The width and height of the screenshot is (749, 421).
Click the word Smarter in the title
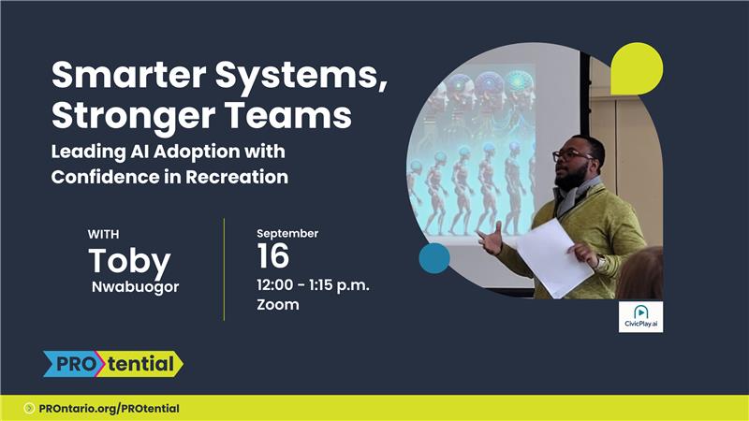tap(129, 75)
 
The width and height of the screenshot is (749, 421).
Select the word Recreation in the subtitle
tap(237, 177)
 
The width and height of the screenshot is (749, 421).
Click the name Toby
tap(129, 262)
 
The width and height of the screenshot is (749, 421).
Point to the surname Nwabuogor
tap(135, 286)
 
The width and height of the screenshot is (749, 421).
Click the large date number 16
tap(273, 255)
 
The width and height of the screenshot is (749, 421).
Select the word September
tap(287, 233)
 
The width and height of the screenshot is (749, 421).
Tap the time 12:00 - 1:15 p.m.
tap(313, 285)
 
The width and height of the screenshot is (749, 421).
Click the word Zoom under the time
tap(278, 305)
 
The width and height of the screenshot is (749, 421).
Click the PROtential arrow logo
tap(113, 364)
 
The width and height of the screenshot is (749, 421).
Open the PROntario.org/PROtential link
tap(109, 409)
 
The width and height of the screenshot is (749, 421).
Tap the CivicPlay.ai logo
tap(640, 316)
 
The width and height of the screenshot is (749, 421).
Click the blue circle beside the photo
tap(434, 258)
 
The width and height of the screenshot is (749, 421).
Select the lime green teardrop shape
tap(637, 68)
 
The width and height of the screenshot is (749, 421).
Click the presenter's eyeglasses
tap(571, 155)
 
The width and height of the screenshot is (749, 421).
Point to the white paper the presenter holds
tap(554, 258)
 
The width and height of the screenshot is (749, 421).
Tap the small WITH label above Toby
tap(104, 235)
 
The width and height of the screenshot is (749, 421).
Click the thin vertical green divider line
tap(224, 269)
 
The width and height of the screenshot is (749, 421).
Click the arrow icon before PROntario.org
tap(29, 408)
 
